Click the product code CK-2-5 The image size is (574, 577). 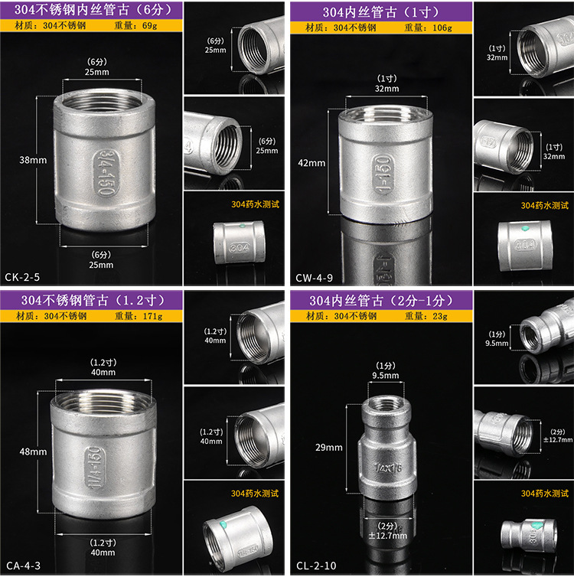pyautogui.click(x=22, y=277)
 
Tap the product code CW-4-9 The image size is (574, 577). pyautogui.click(x=315, y=278)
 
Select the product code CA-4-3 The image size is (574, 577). pyautogui.click(x=23, y=566)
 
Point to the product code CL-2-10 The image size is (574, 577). pyautogui.click(x=316, y=566)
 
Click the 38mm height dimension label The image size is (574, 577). pyautogui.click(x=33, y=160)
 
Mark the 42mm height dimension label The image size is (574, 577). pyautogui.click(x=311, y=163)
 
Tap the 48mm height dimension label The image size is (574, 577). pyautogui.click(x=33, y=451)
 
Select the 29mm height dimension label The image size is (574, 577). pyautogui.click(x=329, y=448)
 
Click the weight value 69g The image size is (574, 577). pyautogui.click(x=150, y=25)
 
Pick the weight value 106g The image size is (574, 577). pyautogui.click(x=442, y=28)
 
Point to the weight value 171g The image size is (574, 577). pyautogui.click(x=153, y=316)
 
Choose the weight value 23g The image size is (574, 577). pyautogui.click(x=440, y=316)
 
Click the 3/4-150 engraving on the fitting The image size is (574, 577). pyautogui.click(x=106, y=172)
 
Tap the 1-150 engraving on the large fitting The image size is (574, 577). pyautogui.click(x=383, y=173)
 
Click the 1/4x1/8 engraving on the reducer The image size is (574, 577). pyautogui.click(x=388, y=468)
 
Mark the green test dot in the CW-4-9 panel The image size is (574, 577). pyautogui.click(x=525, y=229)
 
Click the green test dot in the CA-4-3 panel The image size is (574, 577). pyautogui.click(x=223, y=524)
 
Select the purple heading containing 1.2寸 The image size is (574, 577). pyautogui.click(x=91, y=300)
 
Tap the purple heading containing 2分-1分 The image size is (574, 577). pyautogui.click(x=381, y=301)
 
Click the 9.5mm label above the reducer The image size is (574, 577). pyautogui.click(x=386, y=375)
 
